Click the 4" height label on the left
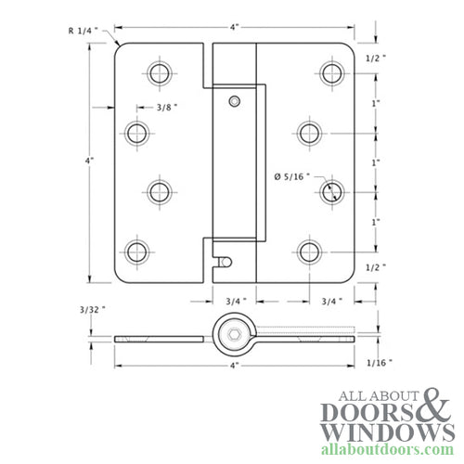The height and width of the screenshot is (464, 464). (x=89, y=161)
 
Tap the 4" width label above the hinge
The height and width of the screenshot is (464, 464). (x=236, y=27)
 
